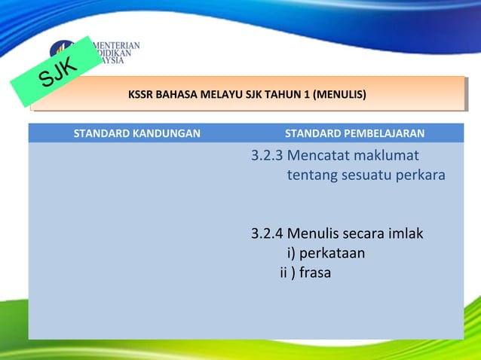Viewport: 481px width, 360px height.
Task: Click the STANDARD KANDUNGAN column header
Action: [136, 134]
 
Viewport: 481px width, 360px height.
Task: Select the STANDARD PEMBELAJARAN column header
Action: [354, 134]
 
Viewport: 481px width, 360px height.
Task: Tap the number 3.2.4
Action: [267, 233]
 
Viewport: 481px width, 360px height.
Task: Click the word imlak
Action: [405, 233]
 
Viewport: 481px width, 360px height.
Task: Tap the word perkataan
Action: [332, 252]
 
